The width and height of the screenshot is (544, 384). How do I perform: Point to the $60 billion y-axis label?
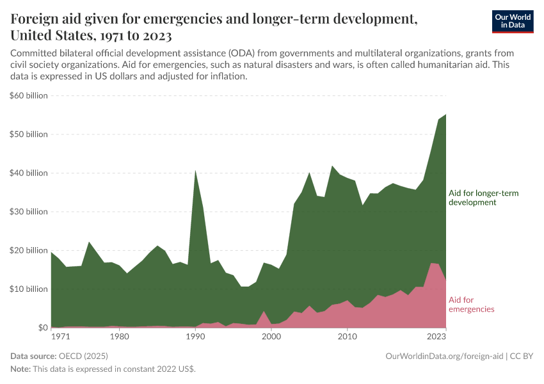pyautogui.click(x=29, y=95)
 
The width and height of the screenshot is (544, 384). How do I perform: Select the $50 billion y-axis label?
pyautogui.click(x=29, y=134)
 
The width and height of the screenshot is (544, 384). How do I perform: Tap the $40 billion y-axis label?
pyautogui.click(x=29, y=173)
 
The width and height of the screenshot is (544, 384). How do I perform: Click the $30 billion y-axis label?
pyautogui.click(x=29, y=212)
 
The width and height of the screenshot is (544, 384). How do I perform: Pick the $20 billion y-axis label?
pyautogui.click(x=29, y=250)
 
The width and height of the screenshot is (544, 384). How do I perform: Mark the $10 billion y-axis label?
pyautogui.click(x=29, y=289)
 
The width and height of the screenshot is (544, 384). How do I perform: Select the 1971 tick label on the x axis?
pyautogui.click(x=61, y=335)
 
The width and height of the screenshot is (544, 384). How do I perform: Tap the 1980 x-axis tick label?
pyautogui.click(x=119, y=335)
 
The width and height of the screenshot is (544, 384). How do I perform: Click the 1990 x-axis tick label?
pyautogui.click(x=195, y=335)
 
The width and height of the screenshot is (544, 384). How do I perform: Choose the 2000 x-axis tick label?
pyautogui.click(x=271, y=335)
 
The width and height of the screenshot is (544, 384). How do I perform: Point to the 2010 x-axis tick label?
pyautogui.click(x=347, y=335)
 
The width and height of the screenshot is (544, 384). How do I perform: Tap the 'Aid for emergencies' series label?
pyautogui.click(x=472, y=304)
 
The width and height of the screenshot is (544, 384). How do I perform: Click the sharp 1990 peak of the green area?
pyautogui.click(x=195, y=172)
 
